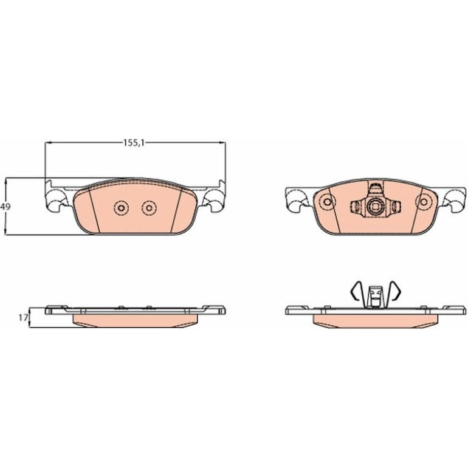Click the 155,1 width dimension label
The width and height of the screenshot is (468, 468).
pos(134,143)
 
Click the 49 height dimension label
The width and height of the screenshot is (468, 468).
pos(5,206)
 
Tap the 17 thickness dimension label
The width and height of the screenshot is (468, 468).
pos(23,318)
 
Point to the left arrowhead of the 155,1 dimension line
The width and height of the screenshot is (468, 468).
pos(49,143)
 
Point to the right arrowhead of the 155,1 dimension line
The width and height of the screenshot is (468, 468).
pos(222,143)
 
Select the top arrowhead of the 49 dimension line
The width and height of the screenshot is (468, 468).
pos(5,182)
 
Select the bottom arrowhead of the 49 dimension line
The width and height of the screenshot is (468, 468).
pos(5,231)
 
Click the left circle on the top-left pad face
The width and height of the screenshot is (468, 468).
pos(122,208)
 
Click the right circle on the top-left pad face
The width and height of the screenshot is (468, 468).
pos(150,208)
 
